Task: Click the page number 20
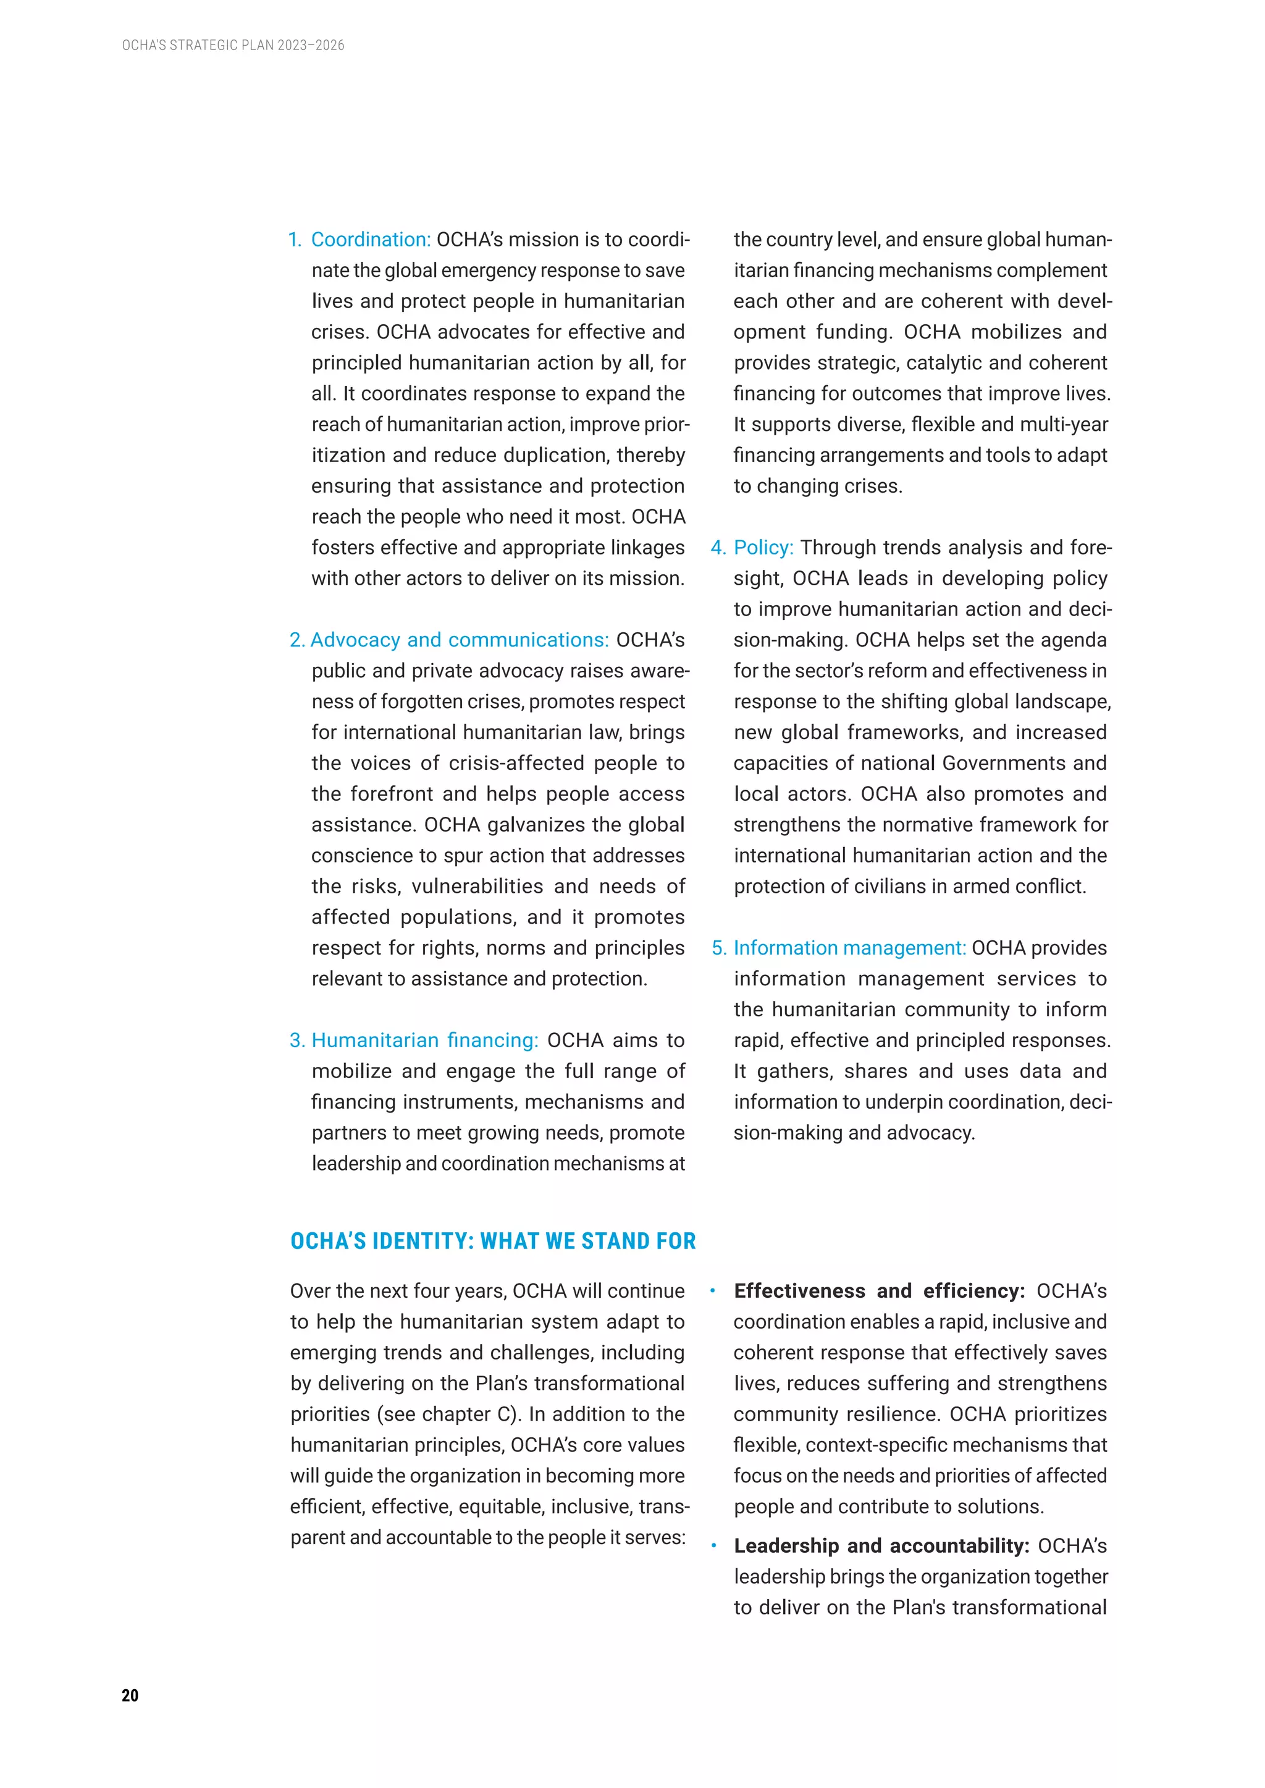point(130,1695)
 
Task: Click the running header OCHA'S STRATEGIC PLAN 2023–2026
point(233,45)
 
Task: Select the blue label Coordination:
point(371,240)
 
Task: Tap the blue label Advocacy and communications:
point(460,640)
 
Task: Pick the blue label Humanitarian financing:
point(424,1040)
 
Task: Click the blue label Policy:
point(763,548)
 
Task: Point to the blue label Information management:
point(849,948)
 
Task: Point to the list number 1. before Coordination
point(295,240)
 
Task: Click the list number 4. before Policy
point(717,548)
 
